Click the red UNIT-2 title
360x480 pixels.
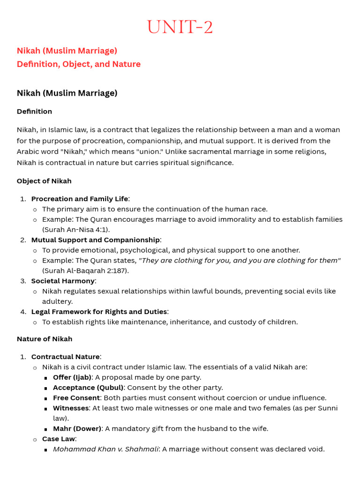(180, 27)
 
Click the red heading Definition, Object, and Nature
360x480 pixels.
(78, 64)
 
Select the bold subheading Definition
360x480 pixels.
(34, 112)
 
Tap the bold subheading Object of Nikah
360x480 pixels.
(44, 181)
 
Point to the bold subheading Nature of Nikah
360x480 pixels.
(45, 339)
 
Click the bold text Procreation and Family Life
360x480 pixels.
(79, 199)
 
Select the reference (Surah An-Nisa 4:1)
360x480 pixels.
(76, 230)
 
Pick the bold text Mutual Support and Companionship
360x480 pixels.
(95, 240)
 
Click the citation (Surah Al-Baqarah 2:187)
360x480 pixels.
(85, 270)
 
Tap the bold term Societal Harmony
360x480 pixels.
(63, 281)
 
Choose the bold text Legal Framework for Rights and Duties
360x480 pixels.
(99, 312)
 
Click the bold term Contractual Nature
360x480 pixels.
(65, 357)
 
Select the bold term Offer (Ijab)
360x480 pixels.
(72, 377)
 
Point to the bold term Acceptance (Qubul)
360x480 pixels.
(88, 388)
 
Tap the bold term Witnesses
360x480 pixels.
(70, 408)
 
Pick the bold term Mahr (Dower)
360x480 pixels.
(77, 428)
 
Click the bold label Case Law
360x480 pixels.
(58, 439)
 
